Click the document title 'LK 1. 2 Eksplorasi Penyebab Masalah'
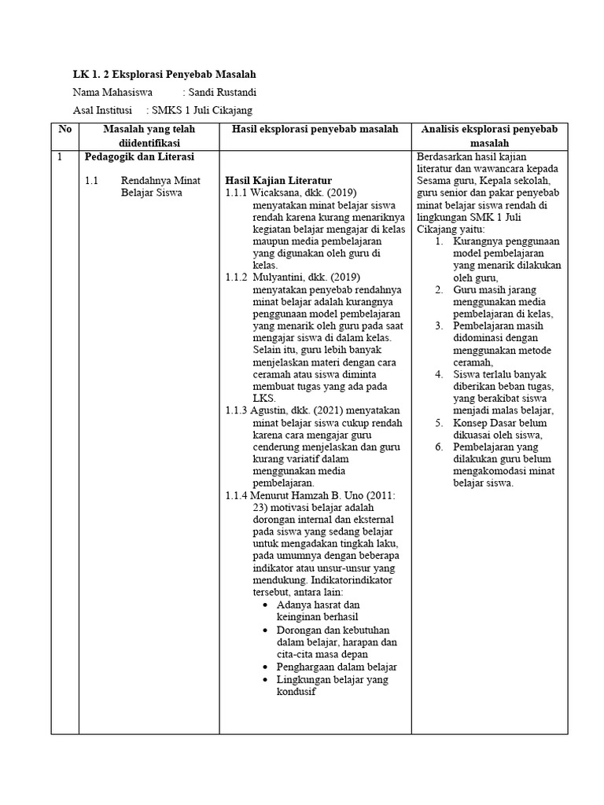pos(164,74)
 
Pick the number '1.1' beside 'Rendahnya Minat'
pos(92,180)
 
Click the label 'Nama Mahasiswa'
pos(110,92)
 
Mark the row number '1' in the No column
pos(60,156)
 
